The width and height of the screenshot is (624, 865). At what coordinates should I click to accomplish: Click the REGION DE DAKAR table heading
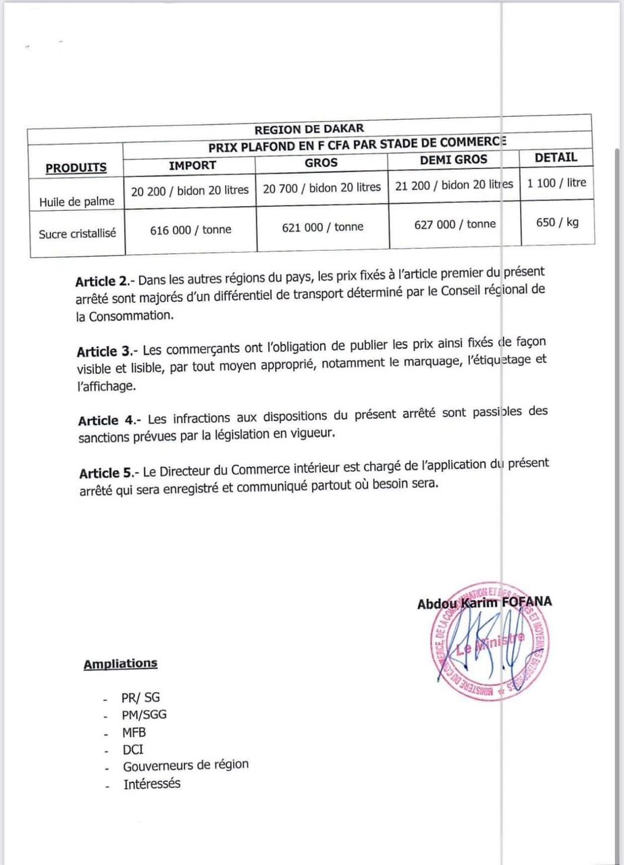[309, 128]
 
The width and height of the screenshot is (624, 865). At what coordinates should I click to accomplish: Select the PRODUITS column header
[76, 168]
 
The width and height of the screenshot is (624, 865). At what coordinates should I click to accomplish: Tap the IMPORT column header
[192, 165]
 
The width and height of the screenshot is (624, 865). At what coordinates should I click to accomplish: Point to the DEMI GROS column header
[453, 160]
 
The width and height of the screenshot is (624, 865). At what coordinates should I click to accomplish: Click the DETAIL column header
[556, 157]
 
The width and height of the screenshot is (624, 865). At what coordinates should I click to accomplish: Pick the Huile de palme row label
[76, 201]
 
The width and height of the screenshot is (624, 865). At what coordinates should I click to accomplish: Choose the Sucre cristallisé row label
[77, 233]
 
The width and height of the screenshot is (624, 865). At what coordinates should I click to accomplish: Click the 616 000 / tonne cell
[190, 230]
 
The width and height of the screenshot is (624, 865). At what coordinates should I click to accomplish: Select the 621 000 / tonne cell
[322, 227]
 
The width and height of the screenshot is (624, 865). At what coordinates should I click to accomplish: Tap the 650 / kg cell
[557, 222]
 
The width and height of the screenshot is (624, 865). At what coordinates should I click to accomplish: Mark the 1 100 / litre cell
[556, 182]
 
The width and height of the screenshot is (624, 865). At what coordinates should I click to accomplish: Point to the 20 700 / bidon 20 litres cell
[321, 187]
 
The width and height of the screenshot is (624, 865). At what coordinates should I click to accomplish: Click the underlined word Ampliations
[120, 664]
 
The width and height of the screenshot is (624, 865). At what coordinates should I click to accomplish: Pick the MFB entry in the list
[134, 732]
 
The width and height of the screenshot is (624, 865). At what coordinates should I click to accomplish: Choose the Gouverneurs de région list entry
[185, 766]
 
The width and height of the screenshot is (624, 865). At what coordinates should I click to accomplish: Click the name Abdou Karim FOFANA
[484, 603]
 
